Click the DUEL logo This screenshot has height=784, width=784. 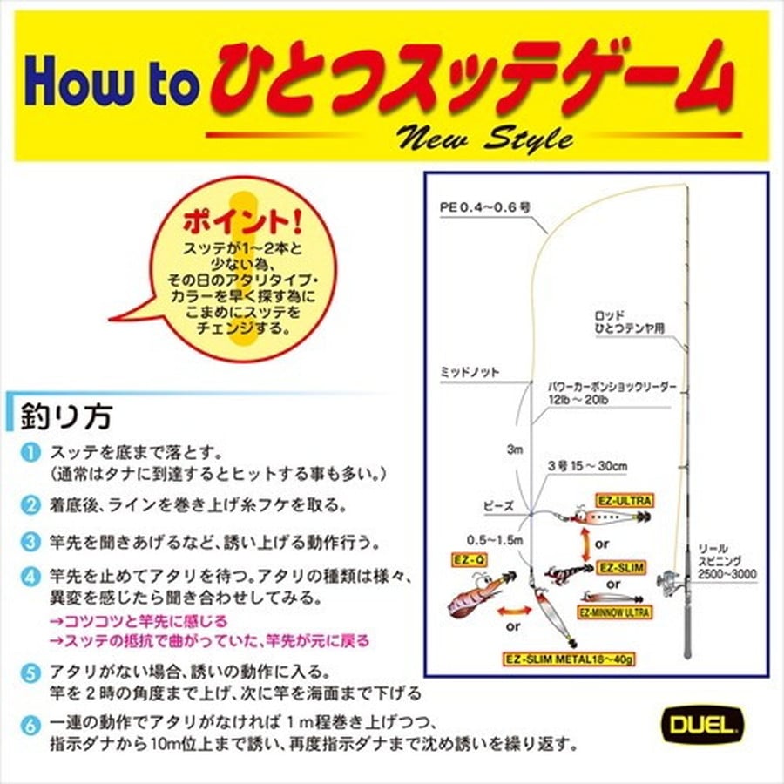[x=702, y=725]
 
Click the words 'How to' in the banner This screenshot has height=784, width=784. [x=109, y=80]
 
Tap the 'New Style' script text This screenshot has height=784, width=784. [x=484, y=138]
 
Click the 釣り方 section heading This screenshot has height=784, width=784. [x=66, y=416]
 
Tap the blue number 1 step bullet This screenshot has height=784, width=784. [x=30, y=453]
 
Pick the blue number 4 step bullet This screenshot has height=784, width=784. [x=30, y=577]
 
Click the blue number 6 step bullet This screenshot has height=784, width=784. [x=30, y=725]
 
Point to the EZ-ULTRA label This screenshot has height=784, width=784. [x=625, y=501]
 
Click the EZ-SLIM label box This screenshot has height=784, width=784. [x=621, y=567]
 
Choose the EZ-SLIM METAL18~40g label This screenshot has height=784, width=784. [x=569, y=659]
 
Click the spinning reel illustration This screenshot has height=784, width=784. [x=672, y=580]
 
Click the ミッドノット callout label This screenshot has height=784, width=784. [x=470, y=372]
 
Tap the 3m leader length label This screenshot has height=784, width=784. [x=515, y=449]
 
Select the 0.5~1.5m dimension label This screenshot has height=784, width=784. [x=495, y=540]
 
